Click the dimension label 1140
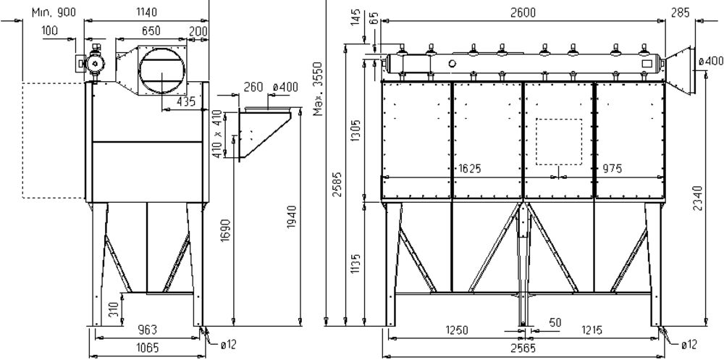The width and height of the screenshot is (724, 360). coord(147,12)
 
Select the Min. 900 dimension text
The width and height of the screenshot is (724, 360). coord(54,12)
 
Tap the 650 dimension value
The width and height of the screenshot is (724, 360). coord(151,31)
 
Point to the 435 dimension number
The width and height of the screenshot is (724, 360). coord(186,101)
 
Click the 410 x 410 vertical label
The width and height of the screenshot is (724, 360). coord(216,133)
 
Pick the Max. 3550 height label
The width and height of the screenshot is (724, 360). coord(318,88)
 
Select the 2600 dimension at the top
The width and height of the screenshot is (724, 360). coord(523,12)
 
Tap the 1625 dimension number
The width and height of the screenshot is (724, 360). coord(470,169)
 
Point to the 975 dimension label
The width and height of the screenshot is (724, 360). coord(613,169)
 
